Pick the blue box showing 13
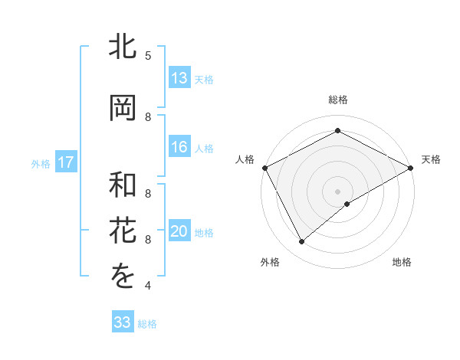tap(179, 78)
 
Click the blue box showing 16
tap(179, 147)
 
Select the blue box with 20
tap(179, 231)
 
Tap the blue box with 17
tap(65, 162)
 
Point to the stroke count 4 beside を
tap(148, 286)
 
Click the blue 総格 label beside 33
tap(147, 324)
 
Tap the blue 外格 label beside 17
tap(40, 163)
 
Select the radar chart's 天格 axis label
tap(432, 159)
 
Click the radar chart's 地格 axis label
tap(402, 262)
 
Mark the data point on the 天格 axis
tap(411, 167)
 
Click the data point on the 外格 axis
tap(302, 242)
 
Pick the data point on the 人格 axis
tap(264, 167)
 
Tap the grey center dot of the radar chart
tap(337, 191)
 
